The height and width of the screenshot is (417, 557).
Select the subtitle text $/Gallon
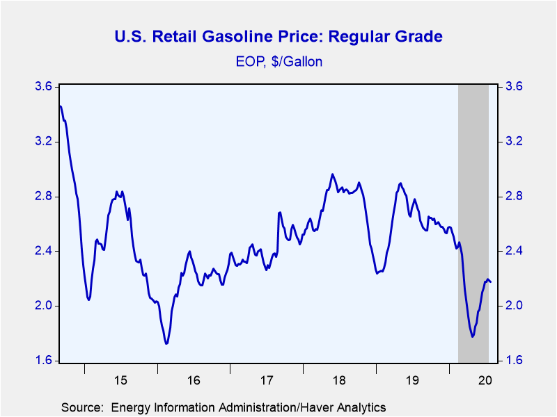[297, 62]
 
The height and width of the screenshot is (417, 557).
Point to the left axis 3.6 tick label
[43, 86]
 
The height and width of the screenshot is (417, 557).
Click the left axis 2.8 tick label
[43, 196]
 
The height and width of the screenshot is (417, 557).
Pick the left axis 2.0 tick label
[43, 306]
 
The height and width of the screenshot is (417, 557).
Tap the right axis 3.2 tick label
[514, 141]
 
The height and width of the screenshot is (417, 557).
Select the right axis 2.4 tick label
[514, 251]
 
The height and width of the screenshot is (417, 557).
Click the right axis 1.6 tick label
[514, 360]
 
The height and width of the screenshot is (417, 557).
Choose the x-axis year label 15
[120, 380]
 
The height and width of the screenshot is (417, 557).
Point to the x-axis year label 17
[267, 380]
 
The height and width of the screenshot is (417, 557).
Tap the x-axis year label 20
[485, 380]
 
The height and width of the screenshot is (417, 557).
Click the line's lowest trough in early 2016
[166, 343]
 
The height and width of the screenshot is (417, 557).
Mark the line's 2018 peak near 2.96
[333, 174]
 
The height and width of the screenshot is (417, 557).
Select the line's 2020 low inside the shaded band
[473, 336]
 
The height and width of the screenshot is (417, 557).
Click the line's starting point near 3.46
[60, 106]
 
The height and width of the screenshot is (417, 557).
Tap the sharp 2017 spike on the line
[280, 213]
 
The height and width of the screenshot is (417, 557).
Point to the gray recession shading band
[473, 223]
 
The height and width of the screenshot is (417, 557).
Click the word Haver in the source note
[317, 407]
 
